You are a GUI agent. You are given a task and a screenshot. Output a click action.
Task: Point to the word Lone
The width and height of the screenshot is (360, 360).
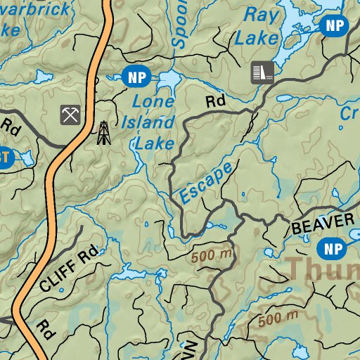click(x=151, y=103)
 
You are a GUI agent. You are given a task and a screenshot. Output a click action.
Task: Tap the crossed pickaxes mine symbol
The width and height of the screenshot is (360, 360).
click(x=70, y=114)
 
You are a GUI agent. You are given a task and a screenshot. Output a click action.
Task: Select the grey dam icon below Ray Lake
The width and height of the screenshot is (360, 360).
click(x=262, y=72)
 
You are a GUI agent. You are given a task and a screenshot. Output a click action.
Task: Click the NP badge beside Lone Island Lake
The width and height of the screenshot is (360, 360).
click(x=136, y=75)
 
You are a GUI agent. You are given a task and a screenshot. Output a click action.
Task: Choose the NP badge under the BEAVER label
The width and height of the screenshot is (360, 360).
click(x=330, y=247)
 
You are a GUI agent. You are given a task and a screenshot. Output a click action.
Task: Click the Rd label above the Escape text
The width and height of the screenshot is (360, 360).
click(x=215, y=101)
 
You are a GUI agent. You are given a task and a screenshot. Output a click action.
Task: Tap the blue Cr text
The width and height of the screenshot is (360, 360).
click(x=349, y=115)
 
